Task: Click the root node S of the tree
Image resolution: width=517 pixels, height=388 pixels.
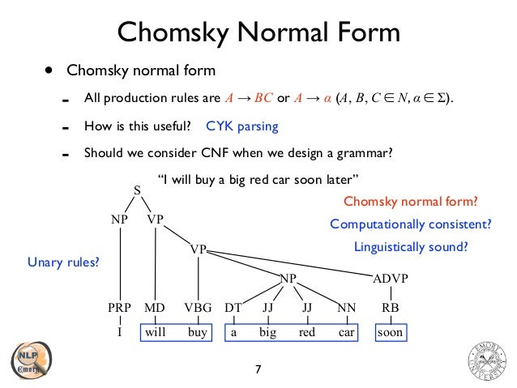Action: pyautogui.click(x=137, y=190)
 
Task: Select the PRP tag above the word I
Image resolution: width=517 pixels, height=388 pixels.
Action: pyautogui.click(x=120, y=308)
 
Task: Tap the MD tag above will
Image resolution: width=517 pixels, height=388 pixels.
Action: pyautogui.click(x=154, y=308)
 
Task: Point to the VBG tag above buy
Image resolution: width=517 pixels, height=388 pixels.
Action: pyautogui.click(x=197, y=308)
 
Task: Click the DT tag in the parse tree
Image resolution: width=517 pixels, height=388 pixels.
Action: pyautogui.click(x=233, y=308)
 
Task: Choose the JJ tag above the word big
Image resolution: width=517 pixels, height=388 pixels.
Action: pyautogui.click(x=268, y=308)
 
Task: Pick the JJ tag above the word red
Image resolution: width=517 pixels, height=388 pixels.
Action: pyautogui.click(x=307, y=308)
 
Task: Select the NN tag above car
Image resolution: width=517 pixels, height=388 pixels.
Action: pyautogui.click(x=347, y=308)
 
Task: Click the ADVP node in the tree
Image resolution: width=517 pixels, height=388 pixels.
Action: pyautogui.click(x=390, y=279)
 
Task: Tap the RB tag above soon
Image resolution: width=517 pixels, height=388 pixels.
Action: pyautogui.click(x=390, y=308)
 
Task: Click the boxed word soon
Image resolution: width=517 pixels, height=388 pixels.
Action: pyautogui.click(x=390, y=332)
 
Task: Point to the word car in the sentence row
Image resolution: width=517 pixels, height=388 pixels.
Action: pyautogui.click(x=347, y=332)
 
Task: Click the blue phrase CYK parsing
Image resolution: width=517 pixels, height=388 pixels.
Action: pyautogui.click(x=242, y=126)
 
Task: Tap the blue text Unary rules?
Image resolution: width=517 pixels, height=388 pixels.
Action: pyautogui.click(x=63, y=262)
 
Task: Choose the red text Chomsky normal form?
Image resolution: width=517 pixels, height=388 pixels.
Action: pyautogui.click(x=411, y=202)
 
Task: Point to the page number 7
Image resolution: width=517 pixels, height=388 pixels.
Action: pyautogui.click(x=258, y=370)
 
